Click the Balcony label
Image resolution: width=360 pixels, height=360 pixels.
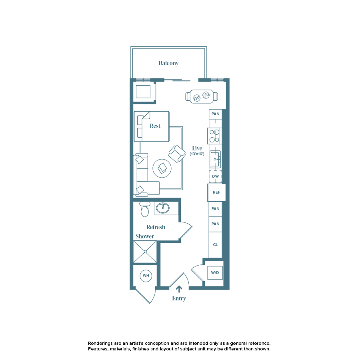168,63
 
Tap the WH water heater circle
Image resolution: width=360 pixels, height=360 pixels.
146,276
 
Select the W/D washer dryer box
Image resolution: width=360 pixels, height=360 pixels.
215,273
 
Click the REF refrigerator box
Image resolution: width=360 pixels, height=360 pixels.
216,192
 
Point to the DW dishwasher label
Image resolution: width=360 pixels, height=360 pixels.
215,176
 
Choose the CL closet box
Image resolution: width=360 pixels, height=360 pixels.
215,244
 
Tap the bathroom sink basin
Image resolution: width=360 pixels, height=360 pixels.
162,208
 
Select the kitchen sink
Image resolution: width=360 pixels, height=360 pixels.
215,159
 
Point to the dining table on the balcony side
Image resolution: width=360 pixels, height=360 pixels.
202,96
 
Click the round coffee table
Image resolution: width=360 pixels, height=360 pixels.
162,168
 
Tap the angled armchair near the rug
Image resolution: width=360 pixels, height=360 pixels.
176,154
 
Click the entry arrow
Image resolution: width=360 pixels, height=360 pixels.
179,288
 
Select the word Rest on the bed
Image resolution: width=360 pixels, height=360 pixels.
155,126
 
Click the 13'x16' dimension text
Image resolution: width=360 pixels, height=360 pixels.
197,154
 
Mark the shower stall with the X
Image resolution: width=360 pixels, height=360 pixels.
145,252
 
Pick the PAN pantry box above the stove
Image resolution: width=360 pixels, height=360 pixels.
215,114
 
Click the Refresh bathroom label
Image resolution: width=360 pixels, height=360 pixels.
156,227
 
